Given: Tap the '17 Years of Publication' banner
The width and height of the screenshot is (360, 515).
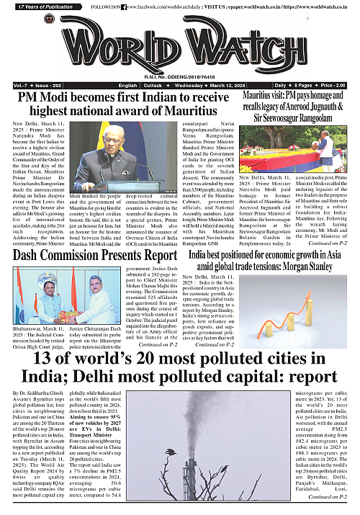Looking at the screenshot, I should (36, 6).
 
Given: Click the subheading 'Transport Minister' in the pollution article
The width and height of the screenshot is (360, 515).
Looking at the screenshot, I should (98, 416).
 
